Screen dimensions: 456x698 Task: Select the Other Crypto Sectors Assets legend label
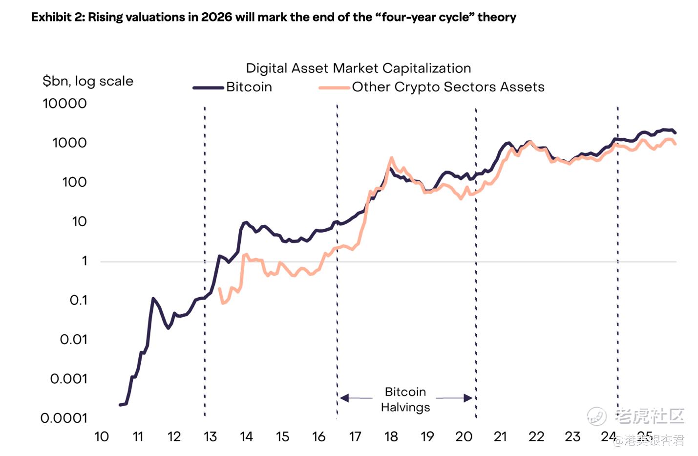(x=448, y=87)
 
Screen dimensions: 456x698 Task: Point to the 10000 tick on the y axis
(x=64, y=104)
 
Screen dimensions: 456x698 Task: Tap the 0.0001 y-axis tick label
(x=64, y=418)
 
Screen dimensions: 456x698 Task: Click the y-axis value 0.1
(x=78, y=300)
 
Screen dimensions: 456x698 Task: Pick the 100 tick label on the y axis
(x=74, y=182)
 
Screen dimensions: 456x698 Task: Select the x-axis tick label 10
(x=102, y=436)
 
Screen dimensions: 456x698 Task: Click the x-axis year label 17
(x=355, y=436)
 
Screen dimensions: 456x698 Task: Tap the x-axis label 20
(x=464, y=436)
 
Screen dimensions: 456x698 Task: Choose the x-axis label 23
(x=572, y=436)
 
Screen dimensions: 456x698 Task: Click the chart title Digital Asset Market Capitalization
(x=358, y=68)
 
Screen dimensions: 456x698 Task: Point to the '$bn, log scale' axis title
(x=88, y=81)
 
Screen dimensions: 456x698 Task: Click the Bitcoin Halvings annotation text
(x=405, y=399)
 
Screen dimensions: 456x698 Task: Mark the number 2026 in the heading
(x=216, y=17)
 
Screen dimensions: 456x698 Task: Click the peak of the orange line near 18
(x=391, y=158)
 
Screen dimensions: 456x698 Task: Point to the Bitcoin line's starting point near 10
(x=120, y=405)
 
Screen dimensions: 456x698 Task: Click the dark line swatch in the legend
(x=208, y=88)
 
